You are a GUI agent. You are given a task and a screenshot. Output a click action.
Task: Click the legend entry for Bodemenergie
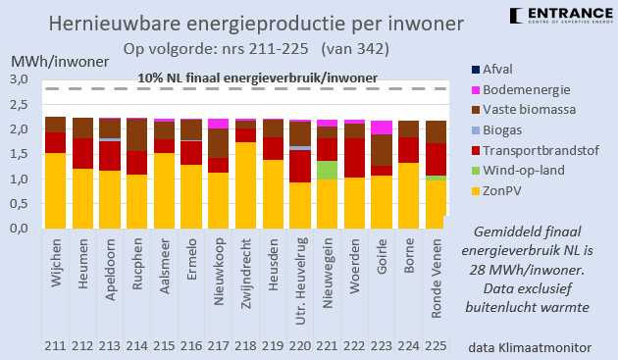(x=532, y=90)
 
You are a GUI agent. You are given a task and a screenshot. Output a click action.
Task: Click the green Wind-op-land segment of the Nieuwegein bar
(x=326, y=170)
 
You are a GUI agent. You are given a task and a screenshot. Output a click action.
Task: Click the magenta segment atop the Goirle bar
(x=381, y=128)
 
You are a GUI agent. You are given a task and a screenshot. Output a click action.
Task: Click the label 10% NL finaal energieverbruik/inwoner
(x=256, y=77)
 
